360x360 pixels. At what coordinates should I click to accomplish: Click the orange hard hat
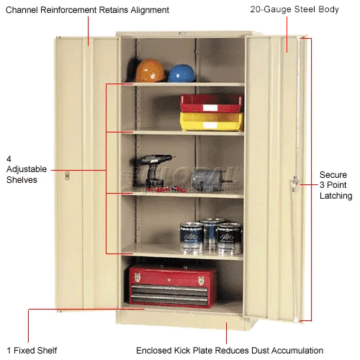[150, 71]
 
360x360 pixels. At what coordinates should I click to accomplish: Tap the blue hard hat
[181, 73]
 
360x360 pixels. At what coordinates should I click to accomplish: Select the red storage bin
[211, 103]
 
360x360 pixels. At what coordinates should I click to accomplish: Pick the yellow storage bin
[211, 122]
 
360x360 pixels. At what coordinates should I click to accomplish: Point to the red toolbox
[172, 287]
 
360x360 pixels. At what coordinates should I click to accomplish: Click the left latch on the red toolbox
[138, 277]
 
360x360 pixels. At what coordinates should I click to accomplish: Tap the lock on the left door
[67, 175]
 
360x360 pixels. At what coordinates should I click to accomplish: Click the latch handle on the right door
[294, 183]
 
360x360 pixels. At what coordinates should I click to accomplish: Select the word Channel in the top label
[22, 10]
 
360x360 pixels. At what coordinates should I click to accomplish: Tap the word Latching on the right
[336, 196]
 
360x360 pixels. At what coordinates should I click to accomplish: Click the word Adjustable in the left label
[27, 169]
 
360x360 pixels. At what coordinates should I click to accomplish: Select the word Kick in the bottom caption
[182, 351]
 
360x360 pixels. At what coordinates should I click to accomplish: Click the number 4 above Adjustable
[9, 159]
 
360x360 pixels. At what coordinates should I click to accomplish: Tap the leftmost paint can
[192, 238]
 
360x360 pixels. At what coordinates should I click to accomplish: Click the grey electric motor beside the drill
[207, 180]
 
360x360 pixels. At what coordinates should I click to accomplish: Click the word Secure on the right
[333, 175]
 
